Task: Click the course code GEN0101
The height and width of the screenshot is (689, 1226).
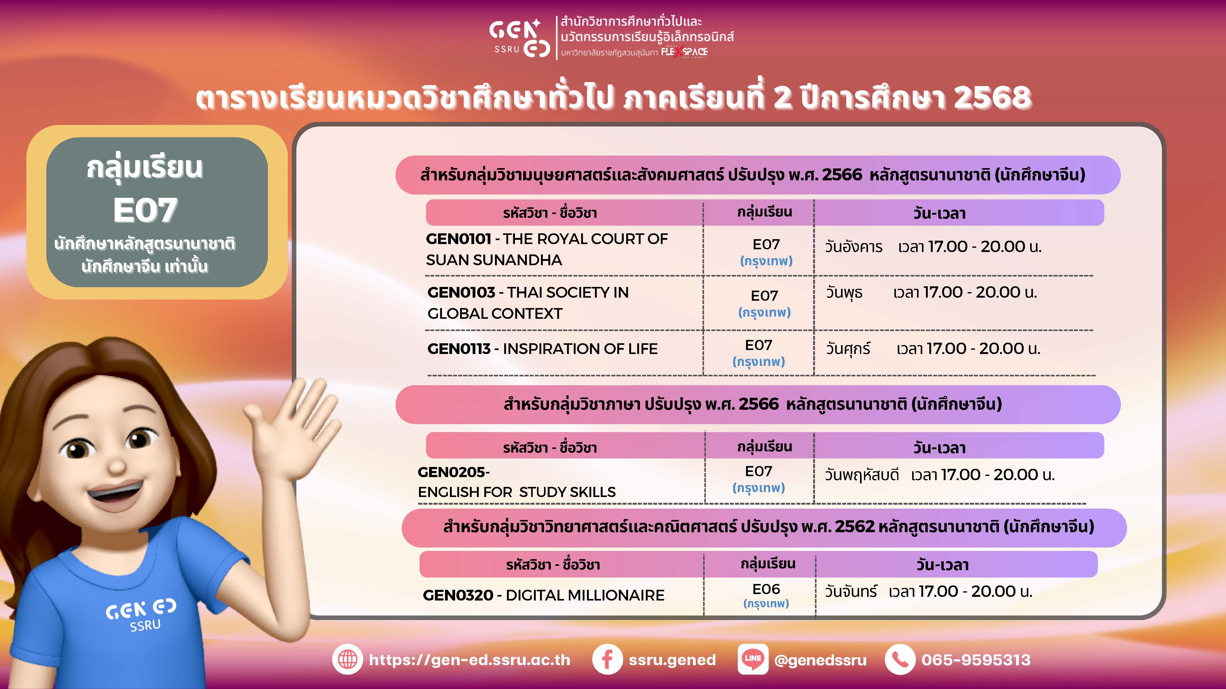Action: (458, 239)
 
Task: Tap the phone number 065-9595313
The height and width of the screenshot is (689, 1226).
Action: (976, 660)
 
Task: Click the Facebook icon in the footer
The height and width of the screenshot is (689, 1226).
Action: (607, 660)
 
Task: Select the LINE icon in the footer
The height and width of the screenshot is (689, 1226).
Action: (752, 660)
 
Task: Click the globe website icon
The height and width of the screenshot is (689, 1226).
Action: (348, 660)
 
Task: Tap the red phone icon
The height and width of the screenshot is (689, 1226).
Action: (900, 660)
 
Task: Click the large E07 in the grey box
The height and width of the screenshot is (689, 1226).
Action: (145, 210)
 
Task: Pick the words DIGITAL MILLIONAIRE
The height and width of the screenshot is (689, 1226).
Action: (585, 595)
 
